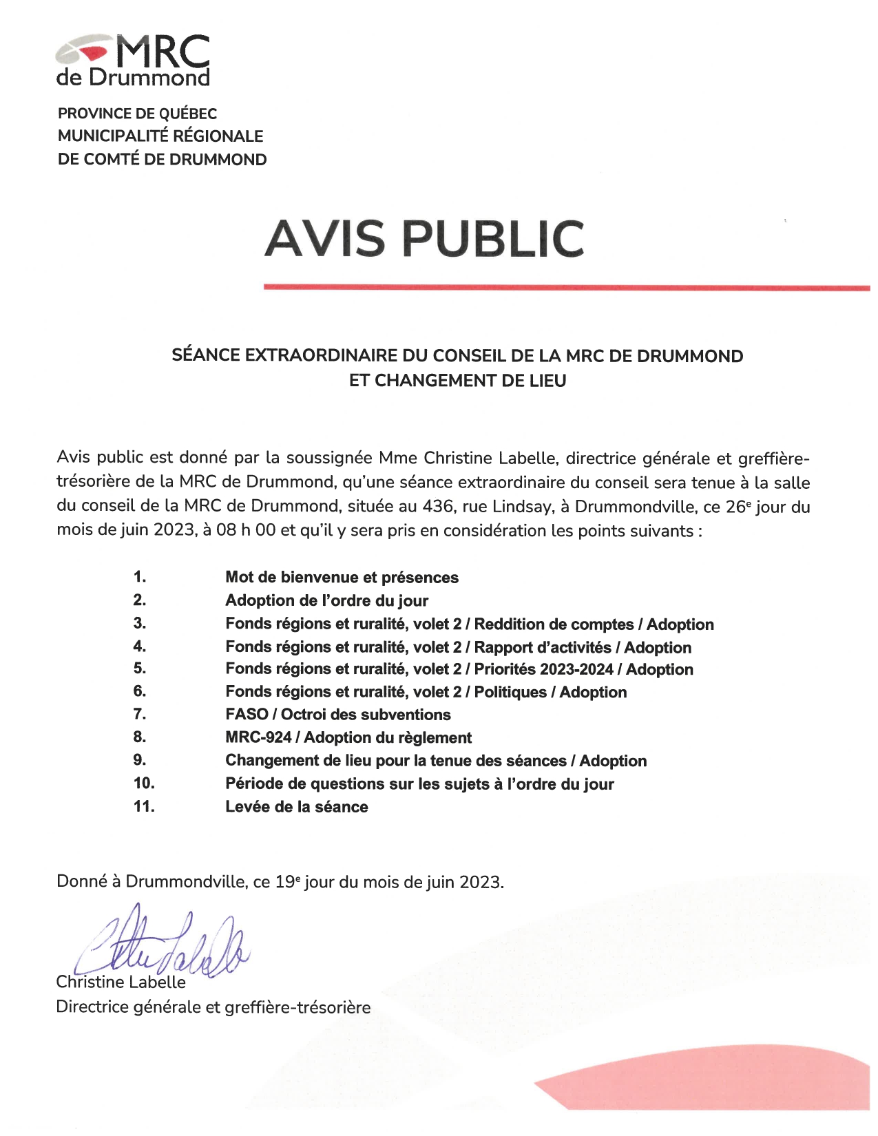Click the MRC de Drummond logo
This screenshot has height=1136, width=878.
tap(133, 61)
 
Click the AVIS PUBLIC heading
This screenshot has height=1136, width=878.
tap(424, 238)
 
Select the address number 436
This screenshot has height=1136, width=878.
tap(437, 507)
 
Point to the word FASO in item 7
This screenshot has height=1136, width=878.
tap(246, 715)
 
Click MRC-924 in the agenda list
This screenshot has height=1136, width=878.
tap(258, 738)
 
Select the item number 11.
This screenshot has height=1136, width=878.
tap(144, 806)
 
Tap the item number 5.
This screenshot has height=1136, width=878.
tap(139, 669)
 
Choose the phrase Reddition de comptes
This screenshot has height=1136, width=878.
tap(554, 624)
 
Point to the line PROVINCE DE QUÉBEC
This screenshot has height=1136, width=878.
tap(137, 114)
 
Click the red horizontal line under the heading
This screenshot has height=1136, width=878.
tap(566, 287)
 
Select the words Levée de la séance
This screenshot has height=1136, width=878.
tap(296, 807)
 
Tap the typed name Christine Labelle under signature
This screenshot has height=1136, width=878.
tap(121, 982)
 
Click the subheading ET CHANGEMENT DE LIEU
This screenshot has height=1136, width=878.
tap(457, 381)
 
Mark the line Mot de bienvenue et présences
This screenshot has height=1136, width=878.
tap(342, 578)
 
